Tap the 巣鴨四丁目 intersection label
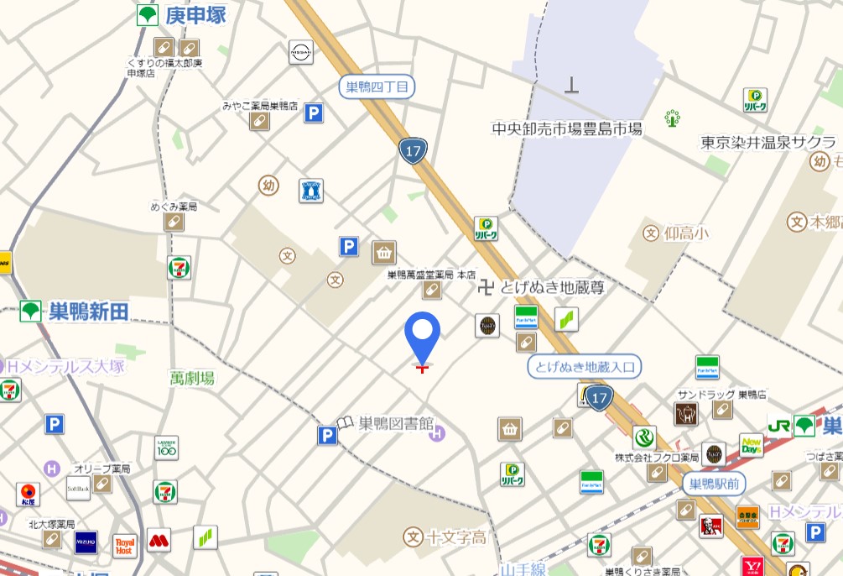click(377, 86)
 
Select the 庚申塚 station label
click(195, 14)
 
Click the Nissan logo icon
click(300, 52)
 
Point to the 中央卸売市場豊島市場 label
click(567, 128)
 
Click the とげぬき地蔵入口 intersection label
click(585, 366)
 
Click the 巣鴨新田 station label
click(88, 312)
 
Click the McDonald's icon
click(159, 539)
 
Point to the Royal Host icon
click(125, 546)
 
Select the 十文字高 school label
click(456, 537)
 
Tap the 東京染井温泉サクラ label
click(768, 142)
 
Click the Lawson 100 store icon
click(166, 448)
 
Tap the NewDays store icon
click(751, 445)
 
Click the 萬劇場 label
click(191, 379)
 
